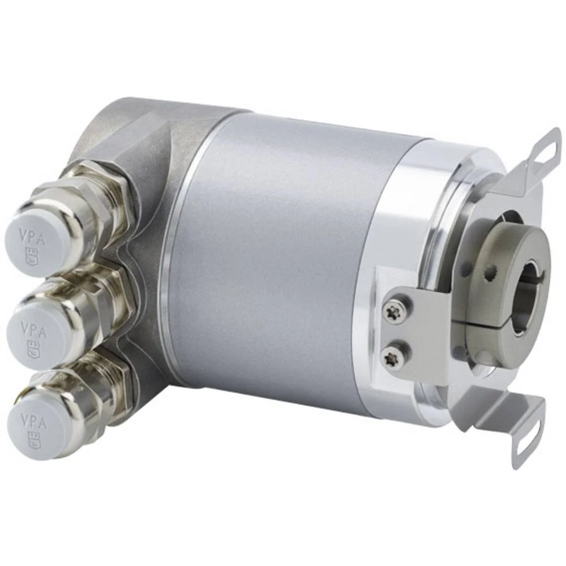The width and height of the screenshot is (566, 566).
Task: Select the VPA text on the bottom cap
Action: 34,420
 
